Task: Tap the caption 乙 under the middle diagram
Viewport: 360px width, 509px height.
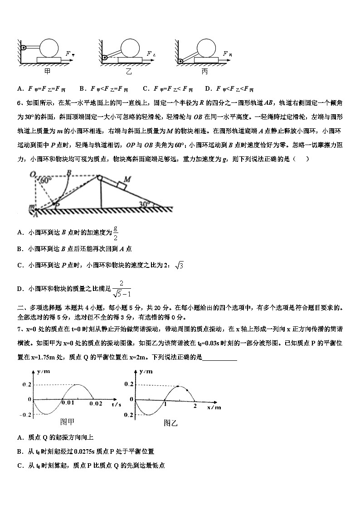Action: (x=129, y=72)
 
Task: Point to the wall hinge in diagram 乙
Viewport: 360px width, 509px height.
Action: (x=104, y=58)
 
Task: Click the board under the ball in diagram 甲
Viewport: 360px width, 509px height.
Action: (x=50, y=59)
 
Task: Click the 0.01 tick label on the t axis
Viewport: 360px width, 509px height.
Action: (x=67, y=403)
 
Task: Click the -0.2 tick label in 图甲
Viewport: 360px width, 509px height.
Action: (x=25, y=415)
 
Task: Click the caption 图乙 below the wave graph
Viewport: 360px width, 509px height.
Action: (x=170, y=423)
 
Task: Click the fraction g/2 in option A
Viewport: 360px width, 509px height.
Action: (x=116, y=233)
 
